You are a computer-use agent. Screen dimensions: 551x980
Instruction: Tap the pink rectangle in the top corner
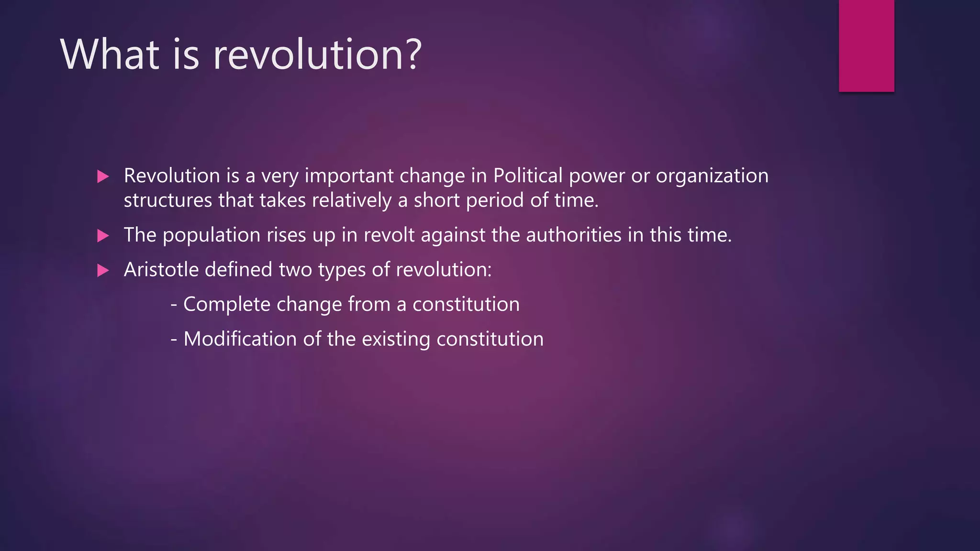[866, 45]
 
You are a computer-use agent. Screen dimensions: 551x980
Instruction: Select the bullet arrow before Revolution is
[102, 176]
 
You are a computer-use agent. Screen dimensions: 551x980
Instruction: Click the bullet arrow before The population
[102, 235]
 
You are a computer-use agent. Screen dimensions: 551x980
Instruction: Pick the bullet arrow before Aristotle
[102, 271]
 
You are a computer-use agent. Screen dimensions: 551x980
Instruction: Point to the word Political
[528, 176]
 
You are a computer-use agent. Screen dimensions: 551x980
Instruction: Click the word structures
[167, 200]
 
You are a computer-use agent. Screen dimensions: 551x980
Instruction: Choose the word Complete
[226, 305]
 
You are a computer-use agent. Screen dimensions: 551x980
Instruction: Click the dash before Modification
[174, 339]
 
